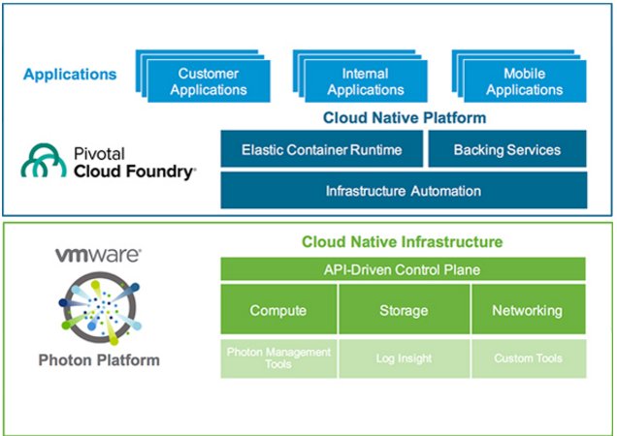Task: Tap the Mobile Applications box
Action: pyautogui.click(x=524, y=82)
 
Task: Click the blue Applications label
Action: pyautogui.click(x=70, y=74)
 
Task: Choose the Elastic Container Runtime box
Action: pyautogui.click(x=321, y=150)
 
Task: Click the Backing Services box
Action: pyautogui.click(x=506, y=150)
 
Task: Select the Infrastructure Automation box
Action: pyautogui.click(x=403, y=190)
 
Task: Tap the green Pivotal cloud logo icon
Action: pyautogui.click(x=43, y=163)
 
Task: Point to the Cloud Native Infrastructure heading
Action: pyautogui.click(x=403, y=241)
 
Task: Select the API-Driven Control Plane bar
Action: pyautogui.click(x=403, y=268)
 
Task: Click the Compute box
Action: pyautogui.click(x=278, y=310)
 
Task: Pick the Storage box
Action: pyautogui.click(x=404, y=310)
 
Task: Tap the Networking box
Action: pyautogui.click(x=528, y=310)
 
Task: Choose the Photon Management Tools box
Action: pyautogui.click(x=278, y=358)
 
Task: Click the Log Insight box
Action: pyautogui.click(x=404, y=358)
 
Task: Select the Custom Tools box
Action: pyautogui.click(x=528, y=358)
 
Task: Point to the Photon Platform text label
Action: pyautogui.click(x=99, y=360)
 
